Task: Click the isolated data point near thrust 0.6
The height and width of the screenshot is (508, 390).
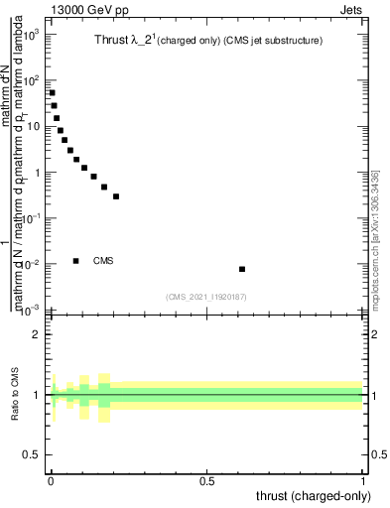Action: coord(242,269)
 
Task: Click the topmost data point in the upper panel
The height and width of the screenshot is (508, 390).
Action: coord(52,93)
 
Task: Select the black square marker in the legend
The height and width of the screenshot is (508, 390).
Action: coord(76,261)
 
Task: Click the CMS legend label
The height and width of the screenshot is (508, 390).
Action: coord(103,261)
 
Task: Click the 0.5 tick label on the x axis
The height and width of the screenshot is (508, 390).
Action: coord(207,481)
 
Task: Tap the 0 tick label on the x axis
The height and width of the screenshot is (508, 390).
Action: coord(51,481)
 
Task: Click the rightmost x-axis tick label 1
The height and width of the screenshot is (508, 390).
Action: coord(364,481)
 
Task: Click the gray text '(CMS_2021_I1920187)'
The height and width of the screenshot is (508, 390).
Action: coord(207,297)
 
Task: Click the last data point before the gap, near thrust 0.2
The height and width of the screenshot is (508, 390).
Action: coord(116,196)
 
